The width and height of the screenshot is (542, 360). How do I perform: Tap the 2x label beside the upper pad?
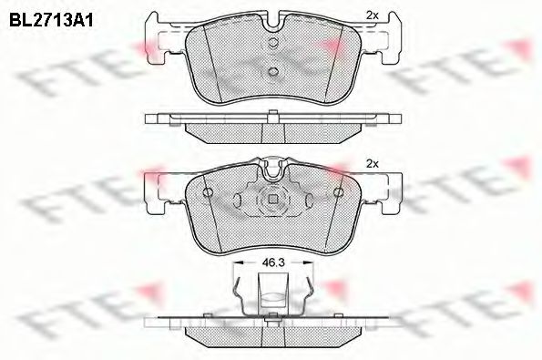click(372, 15)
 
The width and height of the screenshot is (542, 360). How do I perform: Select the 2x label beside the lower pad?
click(372, 164)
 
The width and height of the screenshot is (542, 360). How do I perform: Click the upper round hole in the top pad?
click(272, 43)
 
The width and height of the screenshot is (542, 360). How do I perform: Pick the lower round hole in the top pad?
click(272, 72)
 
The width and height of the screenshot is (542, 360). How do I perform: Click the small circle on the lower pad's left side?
click(209, 193)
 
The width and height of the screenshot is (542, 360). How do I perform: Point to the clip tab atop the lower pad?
click(272, 166)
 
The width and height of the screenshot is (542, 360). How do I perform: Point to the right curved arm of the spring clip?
click(309, 296)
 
